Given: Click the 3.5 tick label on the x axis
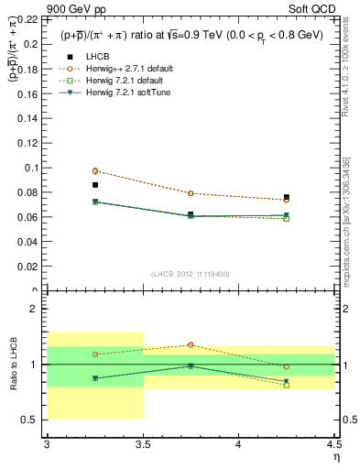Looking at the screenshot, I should tap(142, 444).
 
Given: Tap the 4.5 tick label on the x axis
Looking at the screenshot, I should tap(333, 444).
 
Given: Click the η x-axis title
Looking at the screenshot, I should tap(335, 456).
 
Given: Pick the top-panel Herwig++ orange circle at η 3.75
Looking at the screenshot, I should tap(191, 193).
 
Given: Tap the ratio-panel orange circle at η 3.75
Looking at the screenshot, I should tap(191, 344).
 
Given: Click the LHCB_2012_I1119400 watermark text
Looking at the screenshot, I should tap(190, 274).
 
